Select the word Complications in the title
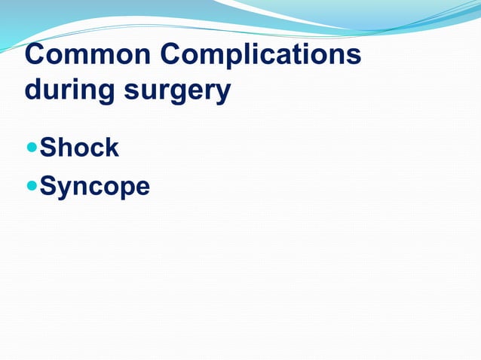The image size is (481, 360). click(260, 56)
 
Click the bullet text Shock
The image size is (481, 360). click(79, 148)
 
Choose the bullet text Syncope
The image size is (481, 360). click(95, 185)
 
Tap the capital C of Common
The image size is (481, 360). click(35, 56)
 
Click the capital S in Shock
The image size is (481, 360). click(48, 148)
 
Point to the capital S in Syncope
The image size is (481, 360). click(48, 185)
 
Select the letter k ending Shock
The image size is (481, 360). click(111, 148)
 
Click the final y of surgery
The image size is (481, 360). click(222, 93)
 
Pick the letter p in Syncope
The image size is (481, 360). click(122, 188)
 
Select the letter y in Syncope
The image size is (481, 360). click(66, 188)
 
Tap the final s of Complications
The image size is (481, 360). click(353, 59)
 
